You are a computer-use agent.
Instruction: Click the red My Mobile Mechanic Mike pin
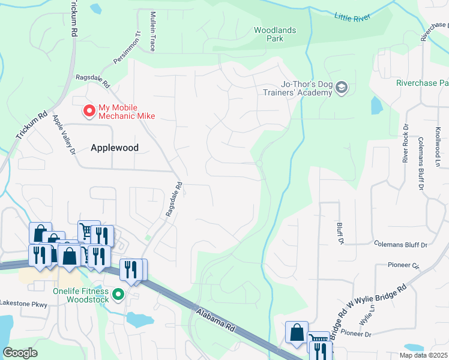pos(89,111)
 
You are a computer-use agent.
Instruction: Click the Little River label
pos(354,17)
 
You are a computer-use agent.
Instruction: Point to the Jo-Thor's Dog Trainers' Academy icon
pos(342,88)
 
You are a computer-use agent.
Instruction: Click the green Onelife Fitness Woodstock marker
pos(118,294)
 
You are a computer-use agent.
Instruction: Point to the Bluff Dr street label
pos(340,232)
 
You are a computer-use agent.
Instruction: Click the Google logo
pos(20,352)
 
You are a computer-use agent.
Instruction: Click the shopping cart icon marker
pos(87,230)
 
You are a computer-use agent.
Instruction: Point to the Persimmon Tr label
pos(126,49)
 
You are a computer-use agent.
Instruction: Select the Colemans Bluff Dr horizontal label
pos(400,245)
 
